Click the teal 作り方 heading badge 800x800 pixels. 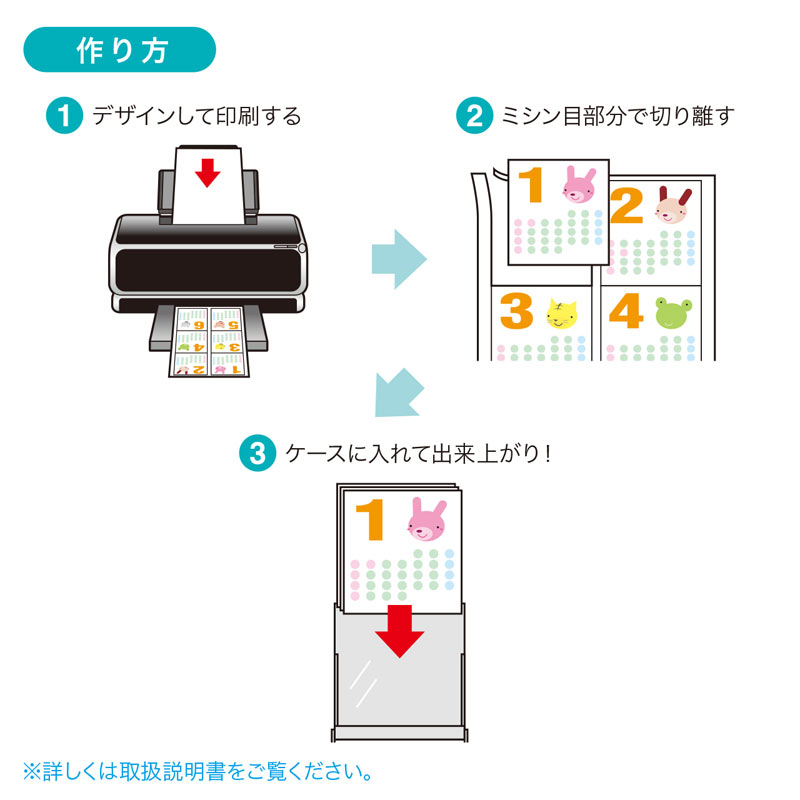click(119, 51)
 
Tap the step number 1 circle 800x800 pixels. click(65, 116)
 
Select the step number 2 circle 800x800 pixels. click(474, 116)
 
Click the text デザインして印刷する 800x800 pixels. click(196, 116)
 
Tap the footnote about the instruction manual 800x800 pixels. click(199, 772)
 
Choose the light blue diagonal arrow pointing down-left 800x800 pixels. click(397, 391)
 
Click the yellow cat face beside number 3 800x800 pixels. click(562, 314)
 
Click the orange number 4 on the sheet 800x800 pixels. click(625, 312)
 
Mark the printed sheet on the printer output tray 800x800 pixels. click(208, 343)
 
